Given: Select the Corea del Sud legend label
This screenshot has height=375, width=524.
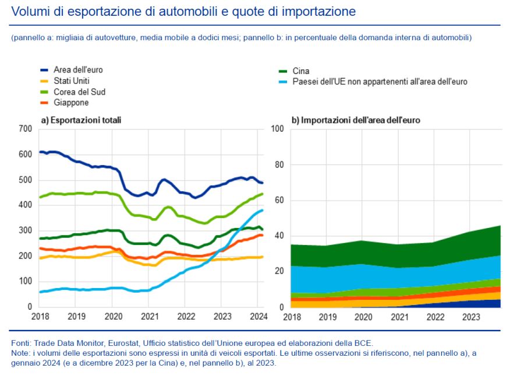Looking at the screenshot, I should [x=79, y=92].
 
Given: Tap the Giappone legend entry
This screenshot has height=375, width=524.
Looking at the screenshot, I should [x=71, y=103].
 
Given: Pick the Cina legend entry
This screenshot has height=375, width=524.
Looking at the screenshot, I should [x=302, y=70].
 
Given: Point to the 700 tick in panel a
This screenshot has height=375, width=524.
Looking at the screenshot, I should [x=25, y=128].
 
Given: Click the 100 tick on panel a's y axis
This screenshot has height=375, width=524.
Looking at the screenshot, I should [x=25, y=281].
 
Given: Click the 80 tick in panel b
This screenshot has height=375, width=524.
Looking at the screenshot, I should [x=278, y=164].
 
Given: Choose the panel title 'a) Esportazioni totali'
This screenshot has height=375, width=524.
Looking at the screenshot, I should [x=81, y=120].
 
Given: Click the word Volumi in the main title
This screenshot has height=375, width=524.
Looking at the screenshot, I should [x=29, y=12].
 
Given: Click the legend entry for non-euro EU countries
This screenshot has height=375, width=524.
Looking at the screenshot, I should [x=380, y=82].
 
